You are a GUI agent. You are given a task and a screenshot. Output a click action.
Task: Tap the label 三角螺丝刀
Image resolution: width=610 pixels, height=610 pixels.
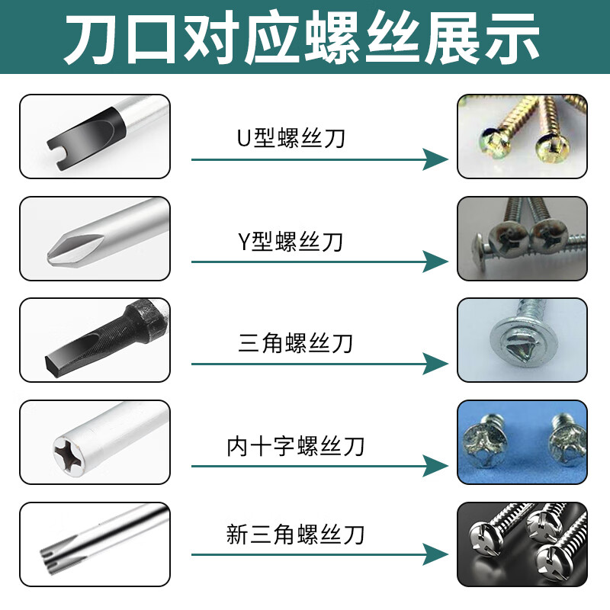pyautogui.click(x=295, y=342)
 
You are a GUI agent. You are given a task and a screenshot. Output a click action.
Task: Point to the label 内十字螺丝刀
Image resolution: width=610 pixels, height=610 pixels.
pyautogui.click(x=295, y=445)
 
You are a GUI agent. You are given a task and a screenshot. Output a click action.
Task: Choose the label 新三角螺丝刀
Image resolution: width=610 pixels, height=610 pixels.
pyautogui.click(x=295, y=533)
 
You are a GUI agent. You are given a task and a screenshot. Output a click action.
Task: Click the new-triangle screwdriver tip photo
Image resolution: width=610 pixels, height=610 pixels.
pyautogui.click(x=95, y=543)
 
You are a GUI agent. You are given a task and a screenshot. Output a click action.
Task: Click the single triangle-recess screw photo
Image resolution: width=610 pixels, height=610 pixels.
pyautogui.click(x=522, y=340)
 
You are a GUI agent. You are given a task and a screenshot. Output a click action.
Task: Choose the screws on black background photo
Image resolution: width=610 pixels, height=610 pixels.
pyautogui.click(x=522, y=543)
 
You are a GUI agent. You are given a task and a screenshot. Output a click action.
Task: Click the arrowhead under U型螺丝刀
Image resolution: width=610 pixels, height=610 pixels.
pyautogui.click(x=436, y=159)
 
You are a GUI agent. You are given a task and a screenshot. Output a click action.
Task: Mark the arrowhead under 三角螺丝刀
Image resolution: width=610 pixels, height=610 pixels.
pyautogui.click(x=436, y=364)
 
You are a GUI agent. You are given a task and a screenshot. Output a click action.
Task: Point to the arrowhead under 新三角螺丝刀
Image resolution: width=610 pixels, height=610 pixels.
pyautogui.click(x=436, y=553)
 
